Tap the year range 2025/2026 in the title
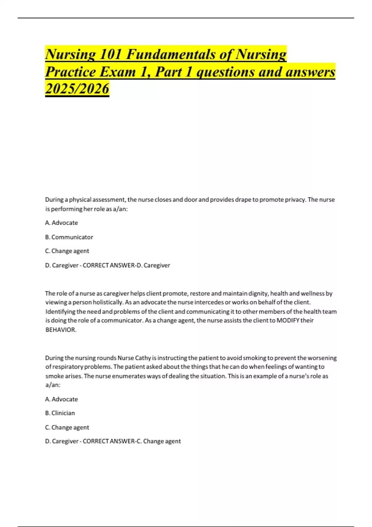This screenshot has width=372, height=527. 77,89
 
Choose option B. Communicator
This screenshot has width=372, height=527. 69,237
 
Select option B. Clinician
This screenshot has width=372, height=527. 60,413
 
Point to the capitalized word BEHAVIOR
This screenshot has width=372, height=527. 61,330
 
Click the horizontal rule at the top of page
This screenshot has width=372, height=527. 186,18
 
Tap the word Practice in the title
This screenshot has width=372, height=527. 71,72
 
